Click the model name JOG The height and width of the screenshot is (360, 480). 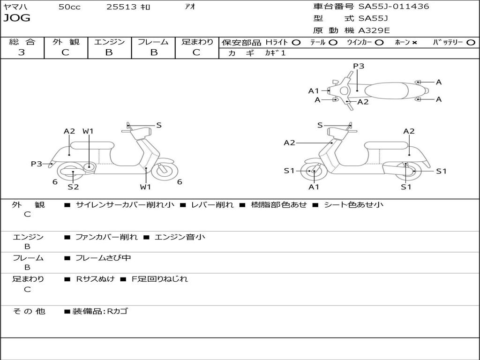click(17, 18)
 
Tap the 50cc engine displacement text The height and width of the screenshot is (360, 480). click(69, 7)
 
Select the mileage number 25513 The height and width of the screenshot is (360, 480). click(121, 7)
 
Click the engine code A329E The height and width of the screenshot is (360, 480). click(374, 30)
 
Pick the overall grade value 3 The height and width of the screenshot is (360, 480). click(22, 52)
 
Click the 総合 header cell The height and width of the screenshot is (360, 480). click(22, 42)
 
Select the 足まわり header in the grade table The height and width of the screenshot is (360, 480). click(197, 42)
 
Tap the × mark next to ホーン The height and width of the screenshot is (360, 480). click(414, 43)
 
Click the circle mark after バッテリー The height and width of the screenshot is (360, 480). click(471, 43)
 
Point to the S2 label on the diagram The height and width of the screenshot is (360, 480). click(73, 187)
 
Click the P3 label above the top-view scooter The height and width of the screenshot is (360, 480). click(359, 66)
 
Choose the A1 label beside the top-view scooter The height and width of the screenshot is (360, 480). click(314, 91)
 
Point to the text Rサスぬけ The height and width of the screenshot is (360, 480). click(95, 279)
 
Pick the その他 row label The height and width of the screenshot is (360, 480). click(29, 311)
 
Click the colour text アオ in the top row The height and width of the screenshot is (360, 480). click(190, 7)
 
